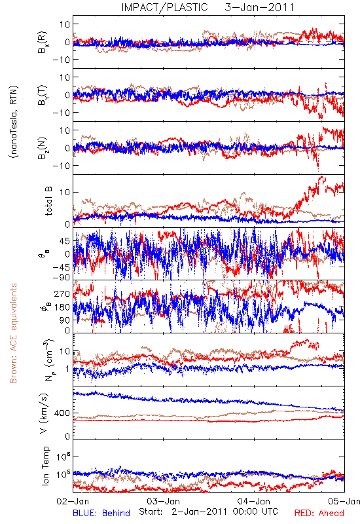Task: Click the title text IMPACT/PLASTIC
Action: [x=165, y=7]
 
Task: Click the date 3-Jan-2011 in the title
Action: [x=259, y=7]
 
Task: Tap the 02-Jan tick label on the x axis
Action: [x=73, y=501]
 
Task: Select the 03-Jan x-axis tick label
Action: [x=163, y=501]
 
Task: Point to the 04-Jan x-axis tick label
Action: [x=254, y=501]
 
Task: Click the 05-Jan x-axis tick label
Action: [x=344, y=501]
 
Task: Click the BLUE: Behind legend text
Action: [x=101, y=513]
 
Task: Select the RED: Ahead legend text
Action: [x=319, y=513]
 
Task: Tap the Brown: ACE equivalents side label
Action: [x=13, y=333]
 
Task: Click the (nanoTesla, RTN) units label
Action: [x=14, y=122]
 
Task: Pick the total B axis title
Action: [x=48, y=201]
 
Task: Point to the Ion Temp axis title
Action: [x=45, y=466]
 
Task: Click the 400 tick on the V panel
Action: [x=62, y=413]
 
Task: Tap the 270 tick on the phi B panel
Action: [x=62, y=293]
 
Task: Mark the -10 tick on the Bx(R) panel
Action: [x=61, y=60]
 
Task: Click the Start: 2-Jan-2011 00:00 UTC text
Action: [x=208, y=512]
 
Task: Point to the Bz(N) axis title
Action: [x=43, y=148]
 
